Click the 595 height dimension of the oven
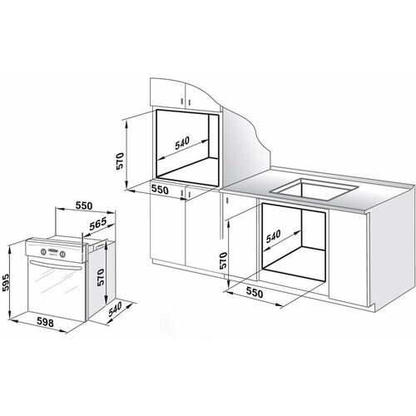5,282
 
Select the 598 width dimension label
45,322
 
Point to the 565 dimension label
98,224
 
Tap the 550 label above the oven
84,206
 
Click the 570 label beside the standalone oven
100,277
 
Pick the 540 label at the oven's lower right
115,310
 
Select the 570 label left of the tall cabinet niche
120,161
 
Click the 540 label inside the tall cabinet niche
182,143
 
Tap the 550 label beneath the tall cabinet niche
160,190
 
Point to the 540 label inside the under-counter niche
274,236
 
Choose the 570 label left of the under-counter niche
223,260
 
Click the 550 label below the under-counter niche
255,293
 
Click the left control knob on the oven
43,251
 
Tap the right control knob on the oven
62,254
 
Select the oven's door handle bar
56,265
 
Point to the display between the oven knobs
52,252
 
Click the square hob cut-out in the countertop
314,190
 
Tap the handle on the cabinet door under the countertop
227,200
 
